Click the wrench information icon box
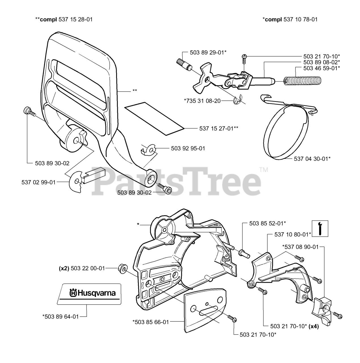pos(320,228)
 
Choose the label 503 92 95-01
pos(188,148)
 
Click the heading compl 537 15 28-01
pos(64,19)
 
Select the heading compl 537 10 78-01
pos(290,19)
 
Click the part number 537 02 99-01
pos(39,182)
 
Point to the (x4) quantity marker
pos(314,326)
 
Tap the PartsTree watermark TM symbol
pos(263,170)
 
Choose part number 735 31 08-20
pos(202,100)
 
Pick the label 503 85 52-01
pos(267,223)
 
